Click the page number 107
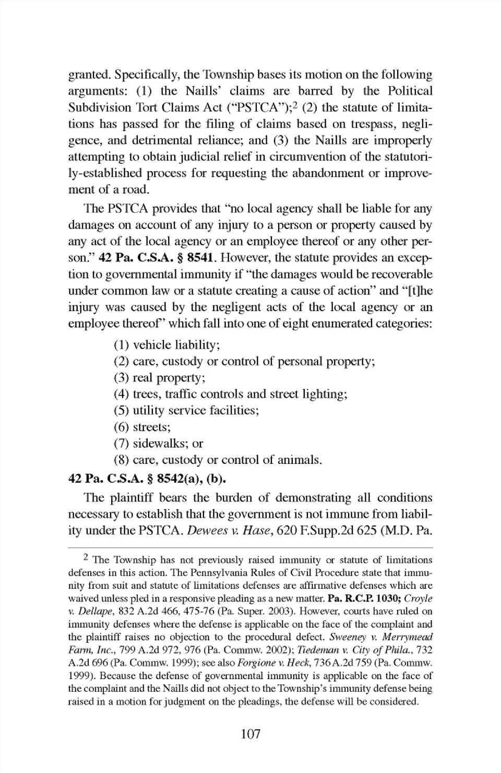[x=250, y=734]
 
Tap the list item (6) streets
[x=142, y=427]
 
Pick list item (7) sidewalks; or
[x=158, y=444]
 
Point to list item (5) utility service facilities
[x=186, y=411]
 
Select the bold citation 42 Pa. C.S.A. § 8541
[x=158, y=258]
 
